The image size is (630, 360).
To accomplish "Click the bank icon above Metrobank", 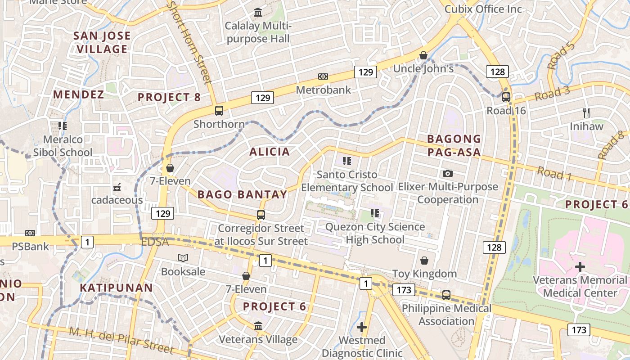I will coord(323,76).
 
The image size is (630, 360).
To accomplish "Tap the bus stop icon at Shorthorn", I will coord(219,110).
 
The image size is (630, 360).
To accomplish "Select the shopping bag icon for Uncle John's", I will coord(423,55).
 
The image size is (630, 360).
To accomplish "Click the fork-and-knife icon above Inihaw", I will coord(586,112).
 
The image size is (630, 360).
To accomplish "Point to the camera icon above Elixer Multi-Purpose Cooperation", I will coord(447,173).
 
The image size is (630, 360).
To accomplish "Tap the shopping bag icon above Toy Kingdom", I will coord(424,260).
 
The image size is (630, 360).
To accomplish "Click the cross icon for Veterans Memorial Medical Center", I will coord(580,266).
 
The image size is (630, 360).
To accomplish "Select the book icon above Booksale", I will coord(183,258).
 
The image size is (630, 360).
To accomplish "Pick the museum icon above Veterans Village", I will coord(258,325).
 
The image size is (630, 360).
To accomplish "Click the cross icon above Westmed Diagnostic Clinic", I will coord(361,327).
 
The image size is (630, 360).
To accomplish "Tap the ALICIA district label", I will coord(270,152).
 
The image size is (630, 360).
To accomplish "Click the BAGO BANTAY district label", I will coord(242,194).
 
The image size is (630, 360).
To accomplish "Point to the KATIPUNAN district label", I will coord(116,287).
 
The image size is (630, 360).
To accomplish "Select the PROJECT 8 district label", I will coord(169,97).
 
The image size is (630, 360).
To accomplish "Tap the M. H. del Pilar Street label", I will coord(121,340).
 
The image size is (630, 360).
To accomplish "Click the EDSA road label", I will coord(155,242).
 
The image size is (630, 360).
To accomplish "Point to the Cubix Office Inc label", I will coord(483,9).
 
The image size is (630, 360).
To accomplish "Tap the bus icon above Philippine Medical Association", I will coord(446,295).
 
